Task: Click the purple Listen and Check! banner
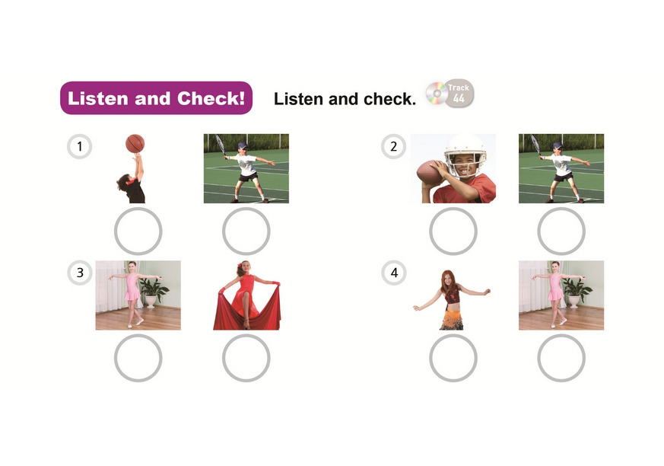pos(156,98)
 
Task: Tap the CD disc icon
pos(437,93)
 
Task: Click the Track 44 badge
pos(459,94)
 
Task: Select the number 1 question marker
pos(80,147)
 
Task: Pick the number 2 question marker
pos(393,147)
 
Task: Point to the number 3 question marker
pos(80,273)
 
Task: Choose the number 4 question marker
pos(394,273)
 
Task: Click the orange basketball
pos(135,143)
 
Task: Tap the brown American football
pos(429,173)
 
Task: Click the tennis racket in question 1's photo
pos(221,145)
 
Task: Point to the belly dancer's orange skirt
pos(452,318)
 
